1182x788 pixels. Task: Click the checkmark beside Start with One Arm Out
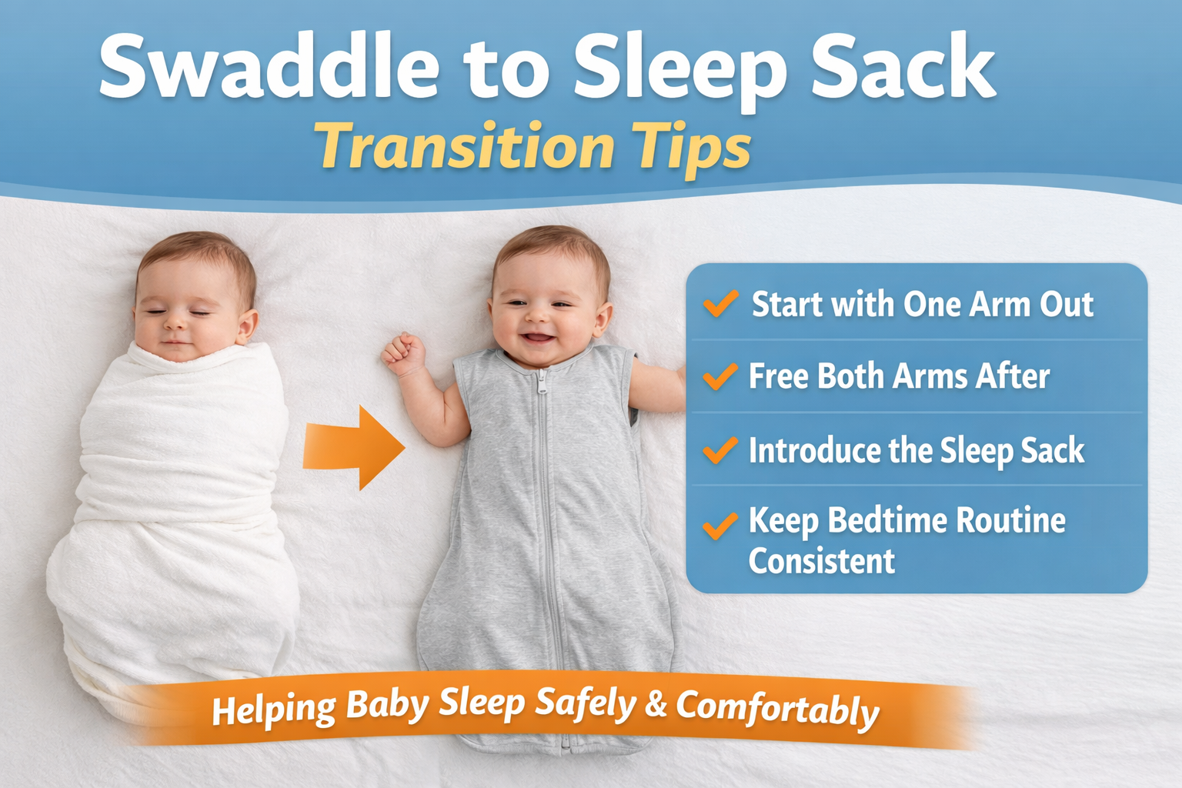(x=720, y=304)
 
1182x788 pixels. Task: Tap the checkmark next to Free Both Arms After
(x=720, y=376)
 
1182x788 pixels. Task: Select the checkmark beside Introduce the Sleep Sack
(x=720, y=450)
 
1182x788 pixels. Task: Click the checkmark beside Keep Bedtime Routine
(x=720, y=526)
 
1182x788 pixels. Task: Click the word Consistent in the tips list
(x=821, y=561)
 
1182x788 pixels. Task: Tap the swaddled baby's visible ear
(x=247, y=327)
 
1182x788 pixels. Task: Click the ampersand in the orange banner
(x=656, y=704)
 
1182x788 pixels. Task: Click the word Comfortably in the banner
(x=777, y=708)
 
